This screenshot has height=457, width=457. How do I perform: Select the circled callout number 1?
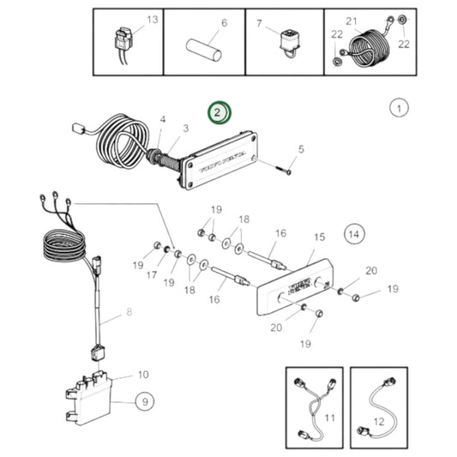[x=399, y=108]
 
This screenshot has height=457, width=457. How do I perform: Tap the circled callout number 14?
[x=354, y=232]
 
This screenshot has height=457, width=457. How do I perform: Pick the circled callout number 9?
[x=143, y=399]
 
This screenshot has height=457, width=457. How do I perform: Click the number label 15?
[x=319, y=237]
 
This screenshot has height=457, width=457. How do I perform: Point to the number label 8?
[x=130, y=313]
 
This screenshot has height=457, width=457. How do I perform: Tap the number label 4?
[x=163, y=121]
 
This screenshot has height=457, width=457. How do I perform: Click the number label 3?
[x=184, y=129]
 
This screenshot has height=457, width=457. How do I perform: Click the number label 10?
[x=143, y=374]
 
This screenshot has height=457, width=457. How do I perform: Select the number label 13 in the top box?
[x=153, y=19]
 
